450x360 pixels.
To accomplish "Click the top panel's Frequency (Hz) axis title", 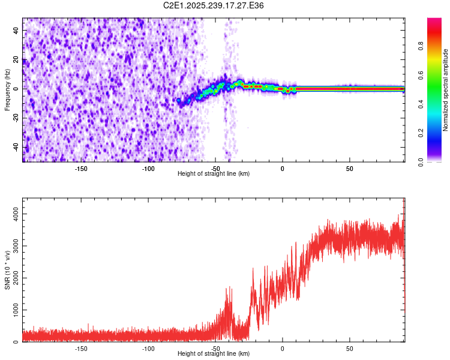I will (7, 89).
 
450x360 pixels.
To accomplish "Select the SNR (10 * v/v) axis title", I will (7, 269).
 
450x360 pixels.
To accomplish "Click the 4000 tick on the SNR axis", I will (13, 214).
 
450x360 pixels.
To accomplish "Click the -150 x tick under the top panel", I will (81, 168).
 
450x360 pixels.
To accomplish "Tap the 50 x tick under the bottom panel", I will (349, 348).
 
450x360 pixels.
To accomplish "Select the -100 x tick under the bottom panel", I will (148, 348).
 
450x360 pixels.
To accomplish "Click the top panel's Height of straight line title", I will (214, 174).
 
